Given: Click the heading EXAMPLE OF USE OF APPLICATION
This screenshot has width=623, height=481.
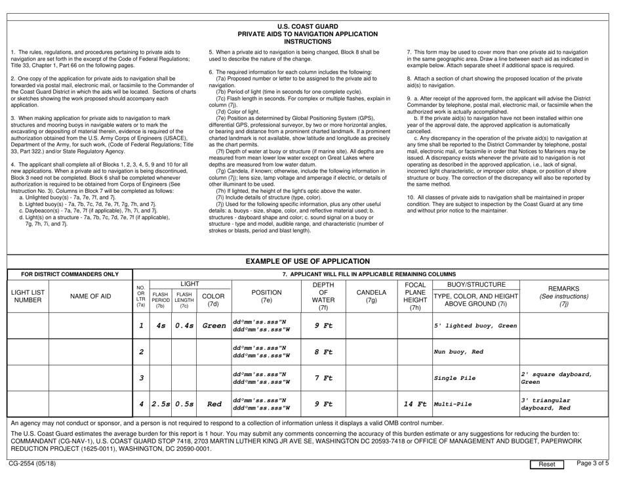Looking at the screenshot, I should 311,243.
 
